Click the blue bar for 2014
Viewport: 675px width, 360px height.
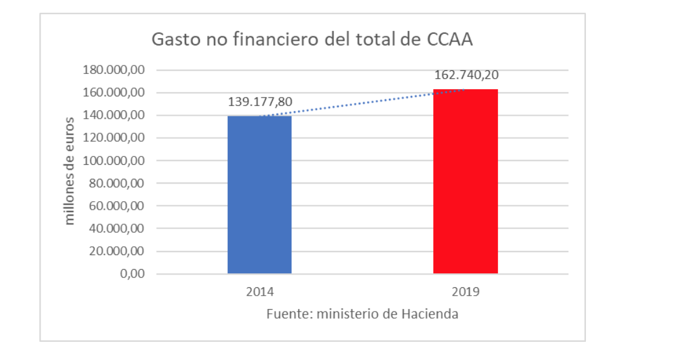(259, 195)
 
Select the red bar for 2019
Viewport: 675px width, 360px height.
(465, 181)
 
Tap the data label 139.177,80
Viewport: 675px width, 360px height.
(260, 102)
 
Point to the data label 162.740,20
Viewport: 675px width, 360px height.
(466, 75)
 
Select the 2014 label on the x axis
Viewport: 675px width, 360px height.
(259, 292)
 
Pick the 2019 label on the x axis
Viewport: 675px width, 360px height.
(465, 292)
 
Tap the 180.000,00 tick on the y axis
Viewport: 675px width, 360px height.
(114, 70)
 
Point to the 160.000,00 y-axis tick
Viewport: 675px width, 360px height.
(114, 93)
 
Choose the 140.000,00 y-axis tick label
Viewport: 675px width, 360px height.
(114, 115)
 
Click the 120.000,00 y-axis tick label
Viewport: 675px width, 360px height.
(114, 138)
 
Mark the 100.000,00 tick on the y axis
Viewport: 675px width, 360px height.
(114, 161)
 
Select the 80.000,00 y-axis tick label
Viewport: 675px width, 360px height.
(116, 183)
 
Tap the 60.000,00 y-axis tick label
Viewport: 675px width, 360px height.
(116, 205)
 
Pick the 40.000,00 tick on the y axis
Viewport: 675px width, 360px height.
(116, 228)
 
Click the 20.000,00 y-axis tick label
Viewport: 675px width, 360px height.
(116, 251)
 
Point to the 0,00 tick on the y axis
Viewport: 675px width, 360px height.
(131, 274)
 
